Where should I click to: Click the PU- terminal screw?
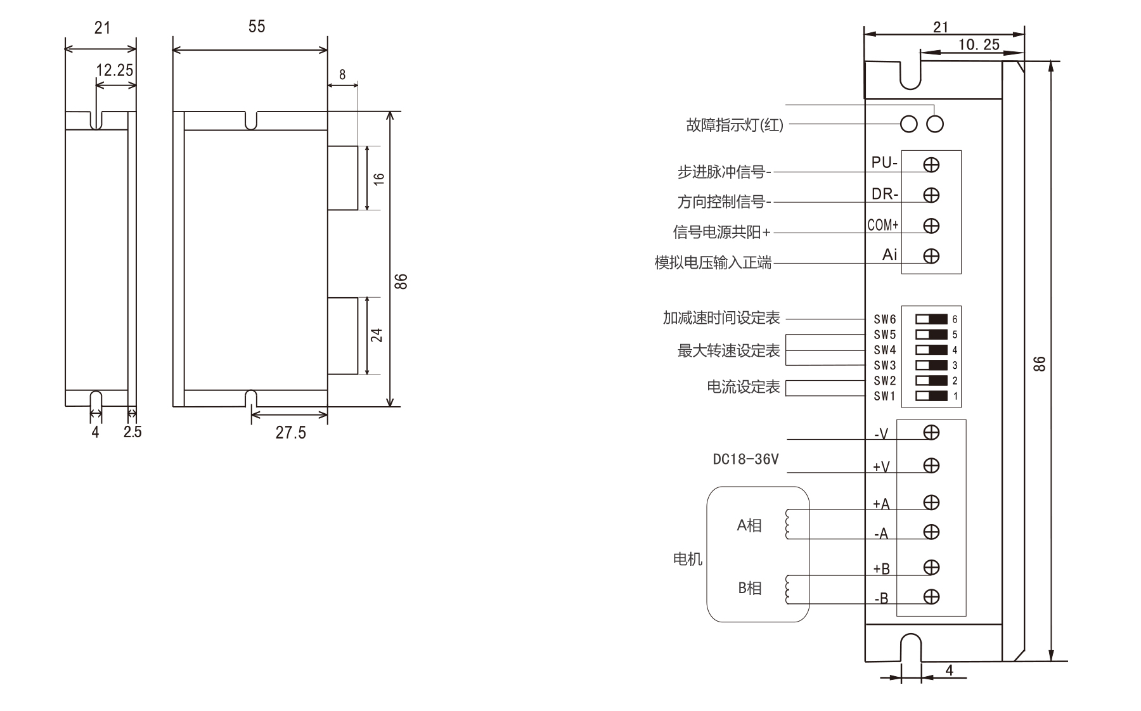931,165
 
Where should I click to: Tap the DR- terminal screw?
931,195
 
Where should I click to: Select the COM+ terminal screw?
931,226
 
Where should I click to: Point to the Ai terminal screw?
931,256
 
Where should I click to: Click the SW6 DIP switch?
931,319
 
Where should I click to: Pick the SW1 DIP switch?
931,396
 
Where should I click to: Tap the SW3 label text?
884,366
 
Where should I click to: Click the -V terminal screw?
931,432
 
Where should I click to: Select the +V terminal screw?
931,466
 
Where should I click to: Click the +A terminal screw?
931,503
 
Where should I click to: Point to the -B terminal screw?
931,596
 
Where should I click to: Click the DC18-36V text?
745,459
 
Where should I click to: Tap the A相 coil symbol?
788,525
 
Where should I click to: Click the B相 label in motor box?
749,588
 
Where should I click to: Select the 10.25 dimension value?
979,44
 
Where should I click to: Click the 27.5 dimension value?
290,433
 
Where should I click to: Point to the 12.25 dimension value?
115,70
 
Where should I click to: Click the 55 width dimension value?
257,27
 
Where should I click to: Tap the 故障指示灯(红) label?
735,125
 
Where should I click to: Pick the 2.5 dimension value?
132,432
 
